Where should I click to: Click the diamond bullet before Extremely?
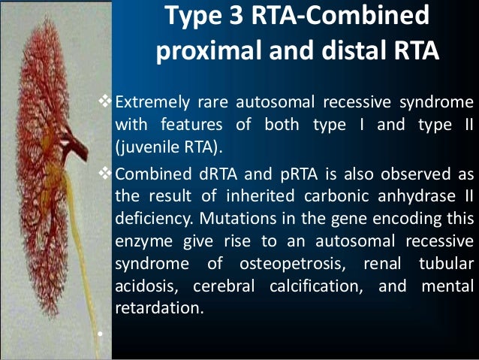(x=105, y=102)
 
